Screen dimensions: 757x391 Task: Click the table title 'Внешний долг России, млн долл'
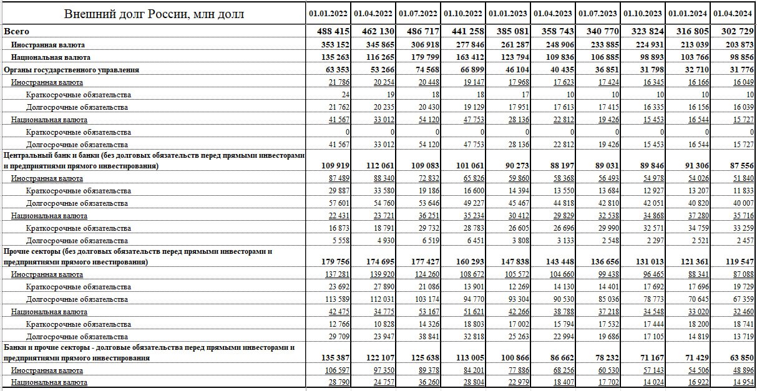point(154,14)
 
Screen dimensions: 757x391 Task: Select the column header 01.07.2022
point(418,14)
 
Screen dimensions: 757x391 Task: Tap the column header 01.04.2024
point(733,14)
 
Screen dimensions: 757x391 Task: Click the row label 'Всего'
point(17,31)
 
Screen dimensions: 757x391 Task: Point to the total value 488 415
point(333,31)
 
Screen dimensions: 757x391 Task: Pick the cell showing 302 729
point(738,31)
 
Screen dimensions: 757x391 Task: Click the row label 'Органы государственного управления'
point(71,70)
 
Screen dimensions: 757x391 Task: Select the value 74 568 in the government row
point(426,70)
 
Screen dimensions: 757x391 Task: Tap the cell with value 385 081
point(512,31)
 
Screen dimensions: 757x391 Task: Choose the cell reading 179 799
point(423,57)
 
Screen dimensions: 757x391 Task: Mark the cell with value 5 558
point(339,241)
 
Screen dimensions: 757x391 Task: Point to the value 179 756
point(333,262)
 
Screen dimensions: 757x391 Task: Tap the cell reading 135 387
point(333,357)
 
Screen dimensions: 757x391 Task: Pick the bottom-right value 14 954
point(743,382)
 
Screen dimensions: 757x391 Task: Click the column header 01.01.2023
point(508,14)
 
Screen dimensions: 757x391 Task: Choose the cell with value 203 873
point(738,45)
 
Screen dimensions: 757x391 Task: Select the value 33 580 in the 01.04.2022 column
point(384,191)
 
